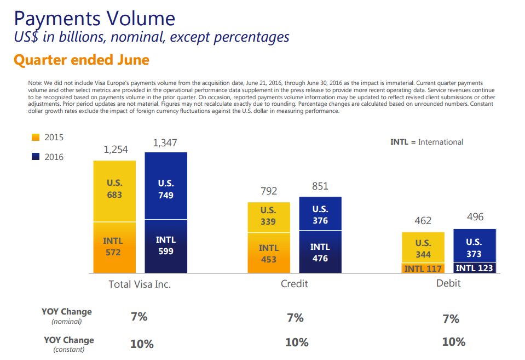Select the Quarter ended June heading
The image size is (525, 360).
[x=82, y=60]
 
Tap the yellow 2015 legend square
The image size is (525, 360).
[x=36, y=137]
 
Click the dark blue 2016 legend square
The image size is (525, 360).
[x=36, y=157]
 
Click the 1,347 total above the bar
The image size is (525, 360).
[x=166, y=142]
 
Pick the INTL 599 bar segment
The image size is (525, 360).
[x=166, y=245]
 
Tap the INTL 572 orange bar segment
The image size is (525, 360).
[x=114, y=247]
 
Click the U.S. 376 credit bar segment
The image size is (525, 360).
[x=320, y=214]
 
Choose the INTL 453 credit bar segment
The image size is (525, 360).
[x=268, y=253]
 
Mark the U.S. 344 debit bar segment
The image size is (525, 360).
[x=423, y=248]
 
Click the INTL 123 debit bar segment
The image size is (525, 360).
[x=475, y=268]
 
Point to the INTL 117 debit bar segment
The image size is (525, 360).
[x=423, y=268]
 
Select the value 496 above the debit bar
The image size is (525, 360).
[x=475, y=217]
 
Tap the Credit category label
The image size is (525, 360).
[x=295, y=283]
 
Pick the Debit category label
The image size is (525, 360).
[x=448, y=283]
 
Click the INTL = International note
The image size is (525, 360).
[x=426, y=142]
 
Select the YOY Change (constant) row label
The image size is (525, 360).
[x=68, y=344]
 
